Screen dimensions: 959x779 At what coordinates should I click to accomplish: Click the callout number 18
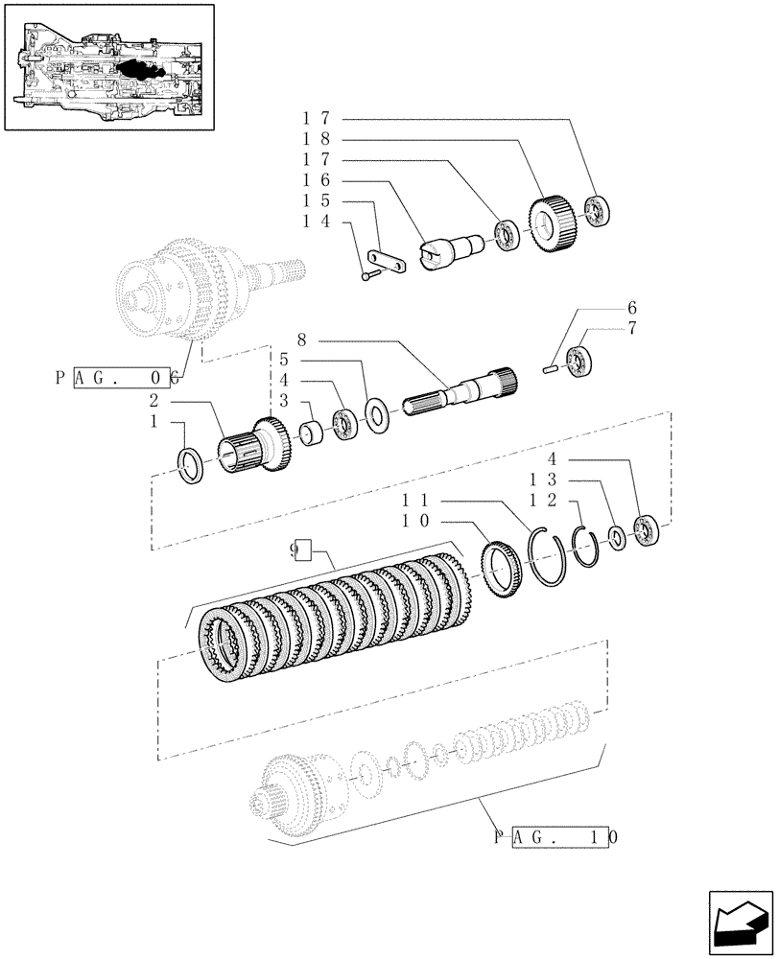pyautogui.click(x=318, y=139)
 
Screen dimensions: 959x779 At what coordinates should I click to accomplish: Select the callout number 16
pyautogui.click(x=318, y=180)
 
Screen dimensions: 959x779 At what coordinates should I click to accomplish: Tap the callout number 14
pyautogui.click(x=318, y=222)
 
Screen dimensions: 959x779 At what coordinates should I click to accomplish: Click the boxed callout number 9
pyautogui.click(x=302, y=550)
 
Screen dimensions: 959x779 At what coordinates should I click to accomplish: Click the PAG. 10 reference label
pyautogui.click(x=555, y=836)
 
